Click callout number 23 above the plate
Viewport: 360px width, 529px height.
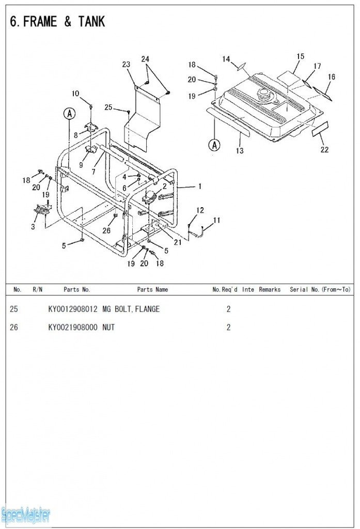pos(127,64)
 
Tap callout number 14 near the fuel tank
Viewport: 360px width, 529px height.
pos(226,59)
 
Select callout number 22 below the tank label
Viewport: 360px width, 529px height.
pos(324,150)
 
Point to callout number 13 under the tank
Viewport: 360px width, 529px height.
pos(240,151)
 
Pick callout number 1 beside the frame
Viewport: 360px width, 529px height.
pos(200,186)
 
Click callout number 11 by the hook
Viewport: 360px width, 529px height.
pos(217,220)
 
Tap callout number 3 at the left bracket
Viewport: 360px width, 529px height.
pos(33,226)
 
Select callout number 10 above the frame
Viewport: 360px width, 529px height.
pos(75,94)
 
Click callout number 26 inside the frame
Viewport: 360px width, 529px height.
pos(106,230)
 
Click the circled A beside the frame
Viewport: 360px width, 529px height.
pos(69,114)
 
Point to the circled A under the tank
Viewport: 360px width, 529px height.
pos(214,145)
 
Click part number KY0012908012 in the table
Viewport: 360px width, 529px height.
pos(72,309)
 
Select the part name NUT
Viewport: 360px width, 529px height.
pos(108,328)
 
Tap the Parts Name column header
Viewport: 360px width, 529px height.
pos(152,290)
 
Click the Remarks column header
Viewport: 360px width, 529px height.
pos(270,290)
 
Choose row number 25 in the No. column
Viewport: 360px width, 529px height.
pos(14,309)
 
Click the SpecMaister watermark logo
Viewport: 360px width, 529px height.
pos(26,515)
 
